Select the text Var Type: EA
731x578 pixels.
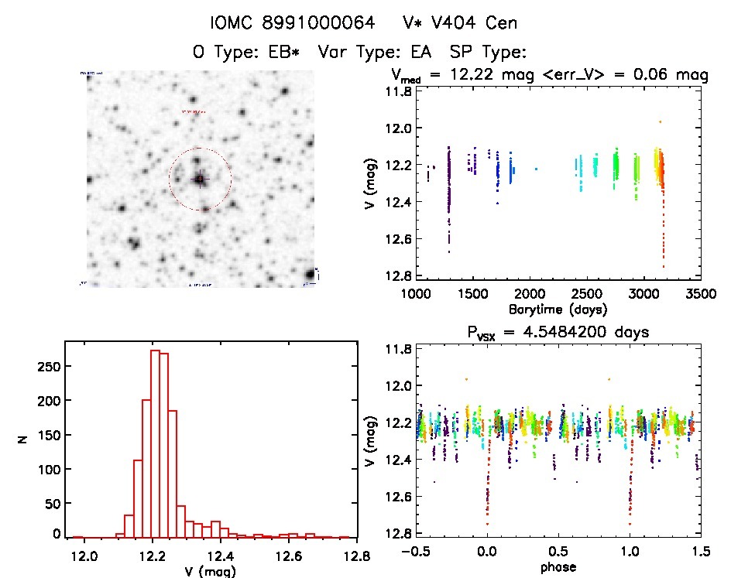click(371, 53)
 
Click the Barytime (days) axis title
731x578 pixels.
click(558, 310)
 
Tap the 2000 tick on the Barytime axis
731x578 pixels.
click(530, 294)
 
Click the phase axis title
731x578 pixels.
click(558, 567)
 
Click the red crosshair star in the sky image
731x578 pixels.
click(200, 179)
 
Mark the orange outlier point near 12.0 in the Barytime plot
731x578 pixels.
click(660, 121)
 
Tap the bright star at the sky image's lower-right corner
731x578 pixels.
click(310, 275)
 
